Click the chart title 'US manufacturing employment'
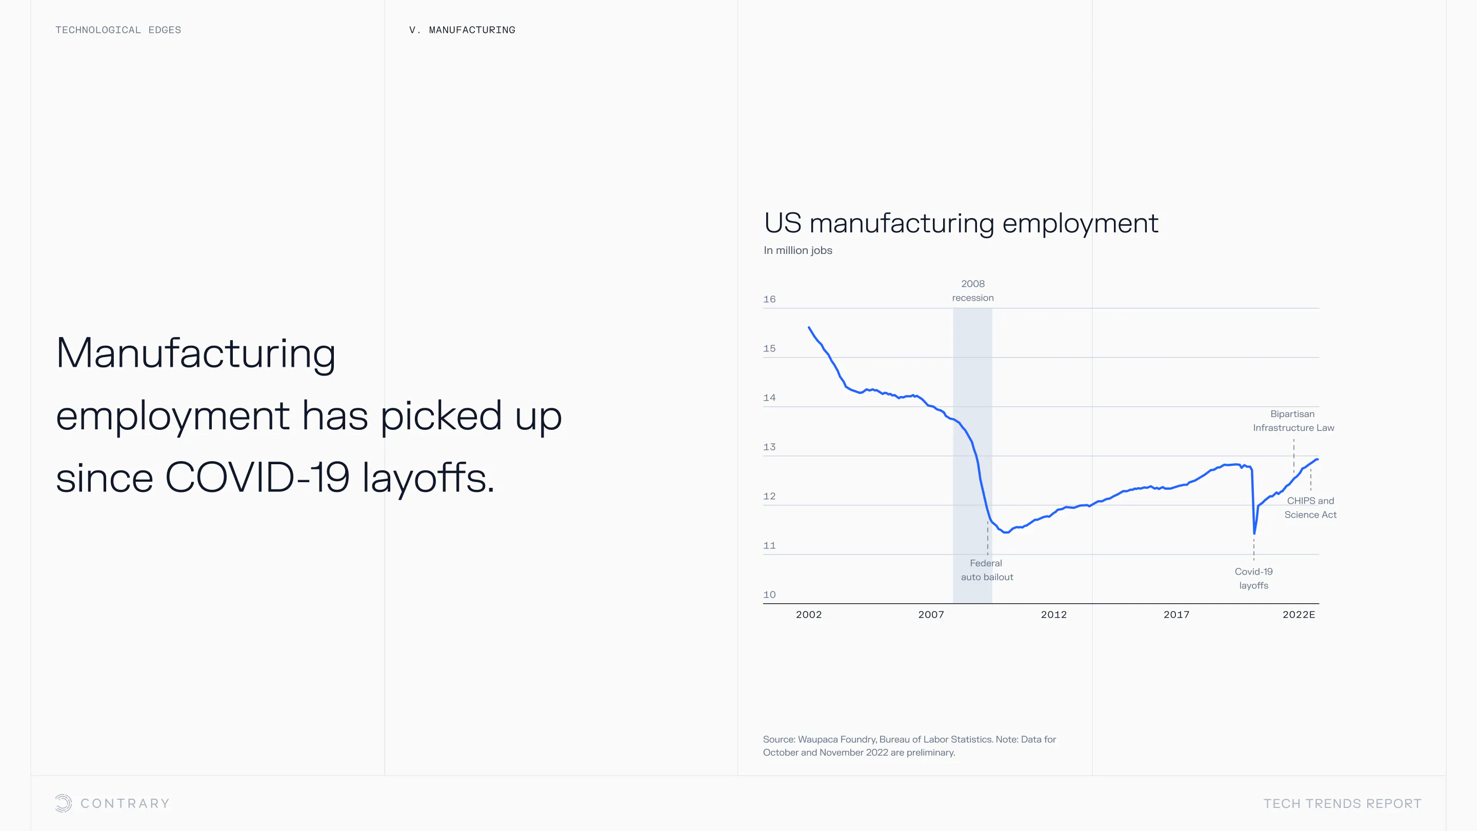(x=961, y=223)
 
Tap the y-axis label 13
(x=769, y=447)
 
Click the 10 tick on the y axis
(x=769, y=595)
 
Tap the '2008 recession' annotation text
(x=973, y=291)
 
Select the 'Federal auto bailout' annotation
(x=987, y=570)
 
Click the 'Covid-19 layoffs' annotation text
(x=1253, y=578)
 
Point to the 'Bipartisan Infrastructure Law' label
(x=1293, y=421)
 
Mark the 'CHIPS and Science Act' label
(x=1310, y=507)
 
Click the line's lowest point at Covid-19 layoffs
(x=1254, y=533)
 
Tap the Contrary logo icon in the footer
(x=64, y=803)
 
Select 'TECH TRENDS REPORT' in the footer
(x=1342, y=803)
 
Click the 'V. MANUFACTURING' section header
(x=462, y=30)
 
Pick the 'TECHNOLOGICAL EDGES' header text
(x=118, y=30)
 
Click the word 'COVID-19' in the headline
(x=257, y=477)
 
